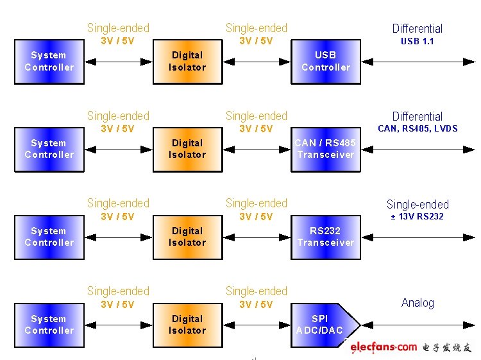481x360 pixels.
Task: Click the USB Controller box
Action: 326,62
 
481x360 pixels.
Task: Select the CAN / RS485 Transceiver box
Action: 326,150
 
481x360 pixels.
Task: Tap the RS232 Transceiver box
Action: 326,237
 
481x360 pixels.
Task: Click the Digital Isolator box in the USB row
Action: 187,62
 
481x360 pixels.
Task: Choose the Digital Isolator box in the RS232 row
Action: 187,237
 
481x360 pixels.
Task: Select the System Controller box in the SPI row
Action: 49,325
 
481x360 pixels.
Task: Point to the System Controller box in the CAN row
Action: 49,150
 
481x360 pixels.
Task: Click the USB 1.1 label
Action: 418,41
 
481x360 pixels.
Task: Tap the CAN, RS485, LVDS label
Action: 418,128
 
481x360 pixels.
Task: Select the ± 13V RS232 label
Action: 418,216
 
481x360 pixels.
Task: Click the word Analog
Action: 418,303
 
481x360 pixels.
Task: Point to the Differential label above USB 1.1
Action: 418,29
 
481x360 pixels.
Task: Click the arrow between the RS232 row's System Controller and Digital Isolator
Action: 118,237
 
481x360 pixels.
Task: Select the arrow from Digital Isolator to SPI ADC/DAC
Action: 257,325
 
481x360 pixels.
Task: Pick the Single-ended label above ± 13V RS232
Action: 418,205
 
